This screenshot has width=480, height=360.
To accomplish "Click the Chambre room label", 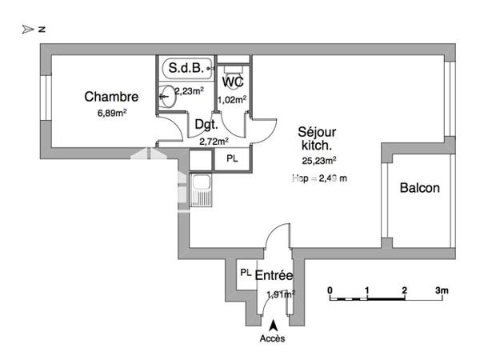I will pyautogui.click(x=112, y=97).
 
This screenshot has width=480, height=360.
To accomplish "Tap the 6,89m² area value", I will pyautogui.click(x=112, y=113).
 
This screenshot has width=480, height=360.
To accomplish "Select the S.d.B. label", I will pyautogui.click(x=188, y=68).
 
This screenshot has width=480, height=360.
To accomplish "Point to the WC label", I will pyautogui.click(x=233, y=82).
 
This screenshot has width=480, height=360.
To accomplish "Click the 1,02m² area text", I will pyautogui.click(x=234, y=99).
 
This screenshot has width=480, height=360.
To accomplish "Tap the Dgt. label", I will pyautogui.click(x=206, y=125).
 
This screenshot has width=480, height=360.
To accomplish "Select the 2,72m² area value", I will pyautogui.click(x=214, y=141).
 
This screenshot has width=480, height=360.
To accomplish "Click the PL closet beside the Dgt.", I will pyautogui.click(x=232, y=159).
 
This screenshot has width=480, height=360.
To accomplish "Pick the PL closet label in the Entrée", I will pyautogui.click(x=246, y=274).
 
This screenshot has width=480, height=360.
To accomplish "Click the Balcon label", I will pyautogui.click(x=419, y=189).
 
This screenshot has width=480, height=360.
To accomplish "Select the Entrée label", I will pyautogui.click(x=274, y=276).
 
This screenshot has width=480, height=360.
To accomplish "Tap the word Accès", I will pyautogui.click(x=273, y=338).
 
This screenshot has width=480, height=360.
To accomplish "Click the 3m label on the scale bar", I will pyautogui.click(x=441, y=289).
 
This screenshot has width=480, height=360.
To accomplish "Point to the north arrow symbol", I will pyautogui.click(x=29, y=29).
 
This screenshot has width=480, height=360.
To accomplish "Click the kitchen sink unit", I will pyautogui.click(x=202, y=192).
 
